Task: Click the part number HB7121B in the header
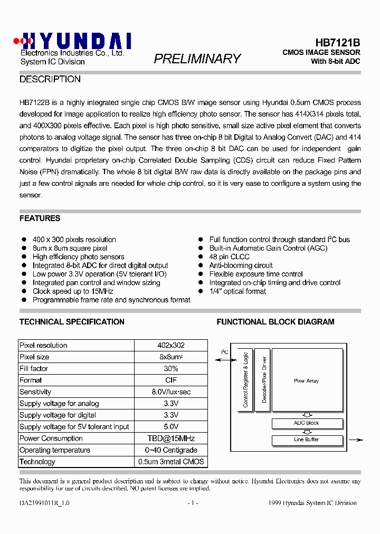point(337,42)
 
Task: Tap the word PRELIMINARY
point(197,59)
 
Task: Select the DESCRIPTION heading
point(50,79)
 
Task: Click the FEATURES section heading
point(40,218)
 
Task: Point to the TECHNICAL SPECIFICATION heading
point(72,321)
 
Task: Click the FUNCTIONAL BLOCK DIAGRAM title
point(275,321)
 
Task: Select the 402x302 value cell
point(170,345)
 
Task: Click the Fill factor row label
point(34,368)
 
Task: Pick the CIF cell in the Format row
point(170,380)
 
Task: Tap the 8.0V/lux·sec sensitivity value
point(170,392)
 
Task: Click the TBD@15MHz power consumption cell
point(170,438)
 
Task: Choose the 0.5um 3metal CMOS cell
point(170,461)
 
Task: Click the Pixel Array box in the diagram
point(306,381)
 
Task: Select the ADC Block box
point(306,423)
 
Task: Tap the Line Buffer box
point(306,440)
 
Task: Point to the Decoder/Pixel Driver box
point(263,380)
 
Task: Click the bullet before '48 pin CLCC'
point(201,257)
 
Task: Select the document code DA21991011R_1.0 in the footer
point(44,503)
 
